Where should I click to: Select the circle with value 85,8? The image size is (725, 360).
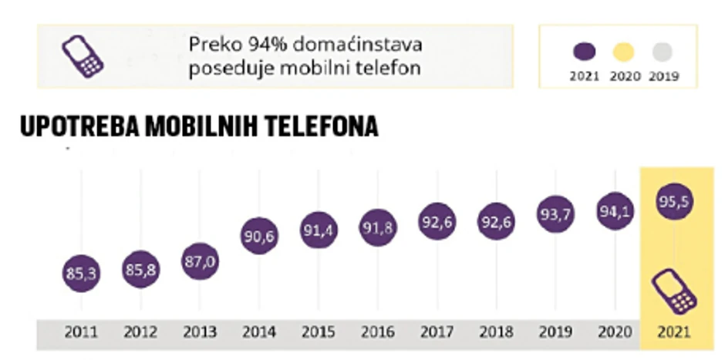(x=140, y=270)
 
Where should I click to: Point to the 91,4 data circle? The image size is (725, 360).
(x=319, y=231)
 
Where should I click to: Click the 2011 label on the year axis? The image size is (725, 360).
(x=81, y=333)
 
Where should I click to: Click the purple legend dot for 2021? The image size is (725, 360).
(x=584, y=52)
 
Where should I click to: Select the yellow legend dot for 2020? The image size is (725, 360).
(x=623, y=52)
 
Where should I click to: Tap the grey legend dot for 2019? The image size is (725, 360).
(x=662, y=52)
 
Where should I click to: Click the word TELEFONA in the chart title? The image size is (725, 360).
(x=322, y=126)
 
